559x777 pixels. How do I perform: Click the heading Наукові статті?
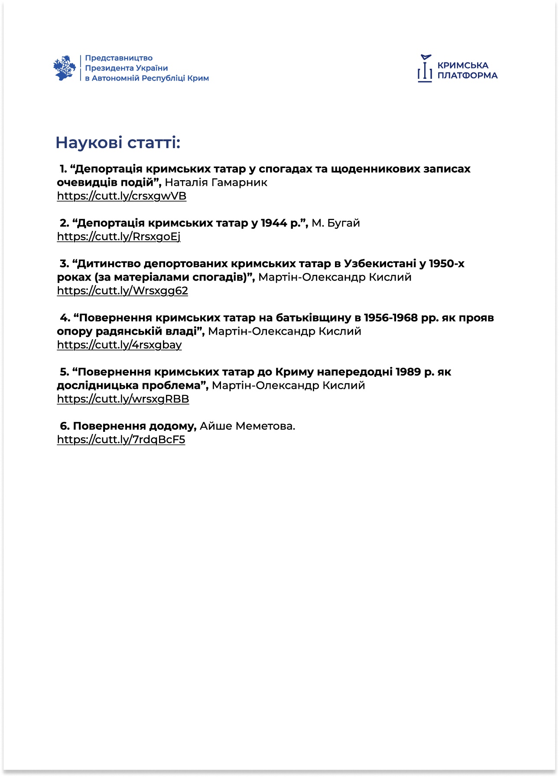[118, 142]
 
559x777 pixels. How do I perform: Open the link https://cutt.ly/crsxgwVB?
[122, 196]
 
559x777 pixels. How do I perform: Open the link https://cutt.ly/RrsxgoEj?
[119, 236]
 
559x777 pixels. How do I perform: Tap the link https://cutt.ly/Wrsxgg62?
[123, 291]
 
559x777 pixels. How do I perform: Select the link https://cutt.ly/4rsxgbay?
[120, 345]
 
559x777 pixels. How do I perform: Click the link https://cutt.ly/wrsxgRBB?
[123, 399]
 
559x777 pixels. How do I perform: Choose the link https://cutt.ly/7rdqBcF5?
[121, 440]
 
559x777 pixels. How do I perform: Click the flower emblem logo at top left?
[65, 68]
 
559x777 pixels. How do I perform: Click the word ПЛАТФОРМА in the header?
[467, 76]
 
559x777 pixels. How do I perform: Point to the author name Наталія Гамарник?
[216, 182]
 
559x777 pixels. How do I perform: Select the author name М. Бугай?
[336, 223]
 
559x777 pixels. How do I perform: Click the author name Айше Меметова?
[247, 426]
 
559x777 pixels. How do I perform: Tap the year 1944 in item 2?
[274, 223]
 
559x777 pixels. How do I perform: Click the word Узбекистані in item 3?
[380, 263]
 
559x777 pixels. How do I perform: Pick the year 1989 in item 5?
[408, 372]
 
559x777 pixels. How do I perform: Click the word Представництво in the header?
[119, 58]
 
